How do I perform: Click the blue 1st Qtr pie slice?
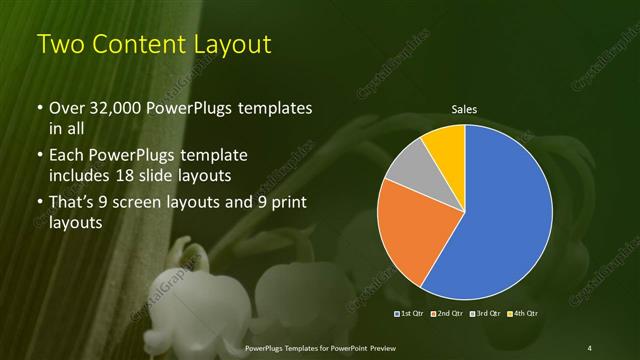coord(510,215)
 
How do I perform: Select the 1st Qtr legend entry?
coord(411,315)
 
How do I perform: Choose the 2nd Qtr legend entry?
coord(448,315)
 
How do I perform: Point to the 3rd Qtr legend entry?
coord(485,315)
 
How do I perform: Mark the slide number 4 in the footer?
coord(591,347)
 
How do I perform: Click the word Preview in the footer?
coord(376,347)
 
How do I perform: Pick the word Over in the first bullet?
coord(66,108)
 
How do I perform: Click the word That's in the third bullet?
coord(73,204)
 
